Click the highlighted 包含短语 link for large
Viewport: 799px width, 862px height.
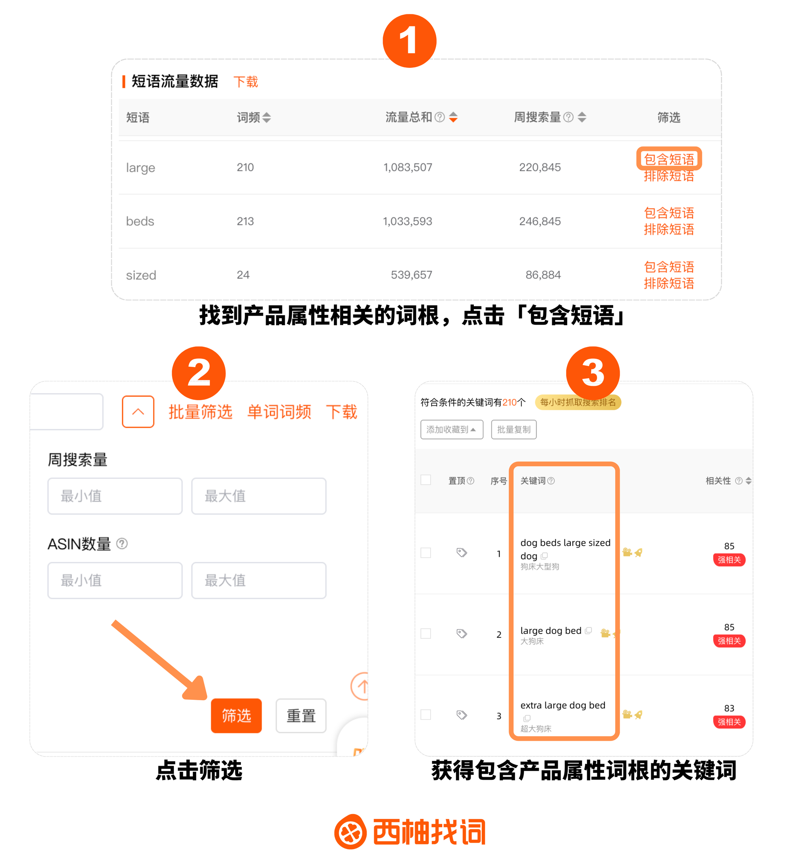[668, 159]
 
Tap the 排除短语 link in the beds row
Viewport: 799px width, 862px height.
[668, 229]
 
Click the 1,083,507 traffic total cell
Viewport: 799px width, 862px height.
[408, 167]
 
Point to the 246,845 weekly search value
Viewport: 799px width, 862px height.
[540, 221]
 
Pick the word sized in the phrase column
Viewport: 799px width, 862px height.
[141, 275]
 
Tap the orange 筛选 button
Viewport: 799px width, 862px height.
[236, 715]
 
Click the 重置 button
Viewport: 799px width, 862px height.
[301, 715]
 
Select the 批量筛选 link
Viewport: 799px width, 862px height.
[200, 411]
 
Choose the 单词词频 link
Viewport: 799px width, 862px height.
[279, 411]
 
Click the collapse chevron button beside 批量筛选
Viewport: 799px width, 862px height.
[138, 411]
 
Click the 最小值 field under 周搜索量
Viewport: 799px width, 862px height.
[115, 496]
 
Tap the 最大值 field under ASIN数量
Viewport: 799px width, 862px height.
[258, 580]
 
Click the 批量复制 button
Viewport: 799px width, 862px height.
[514, 429]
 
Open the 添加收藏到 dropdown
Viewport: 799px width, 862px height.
[452, 429]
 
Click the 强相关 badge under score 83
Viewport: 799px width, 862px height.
[729, 721]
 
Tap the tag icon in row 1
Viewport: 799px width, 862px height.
[462, 552]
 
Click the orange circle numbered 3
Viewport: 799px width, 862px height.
[593, 373]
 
